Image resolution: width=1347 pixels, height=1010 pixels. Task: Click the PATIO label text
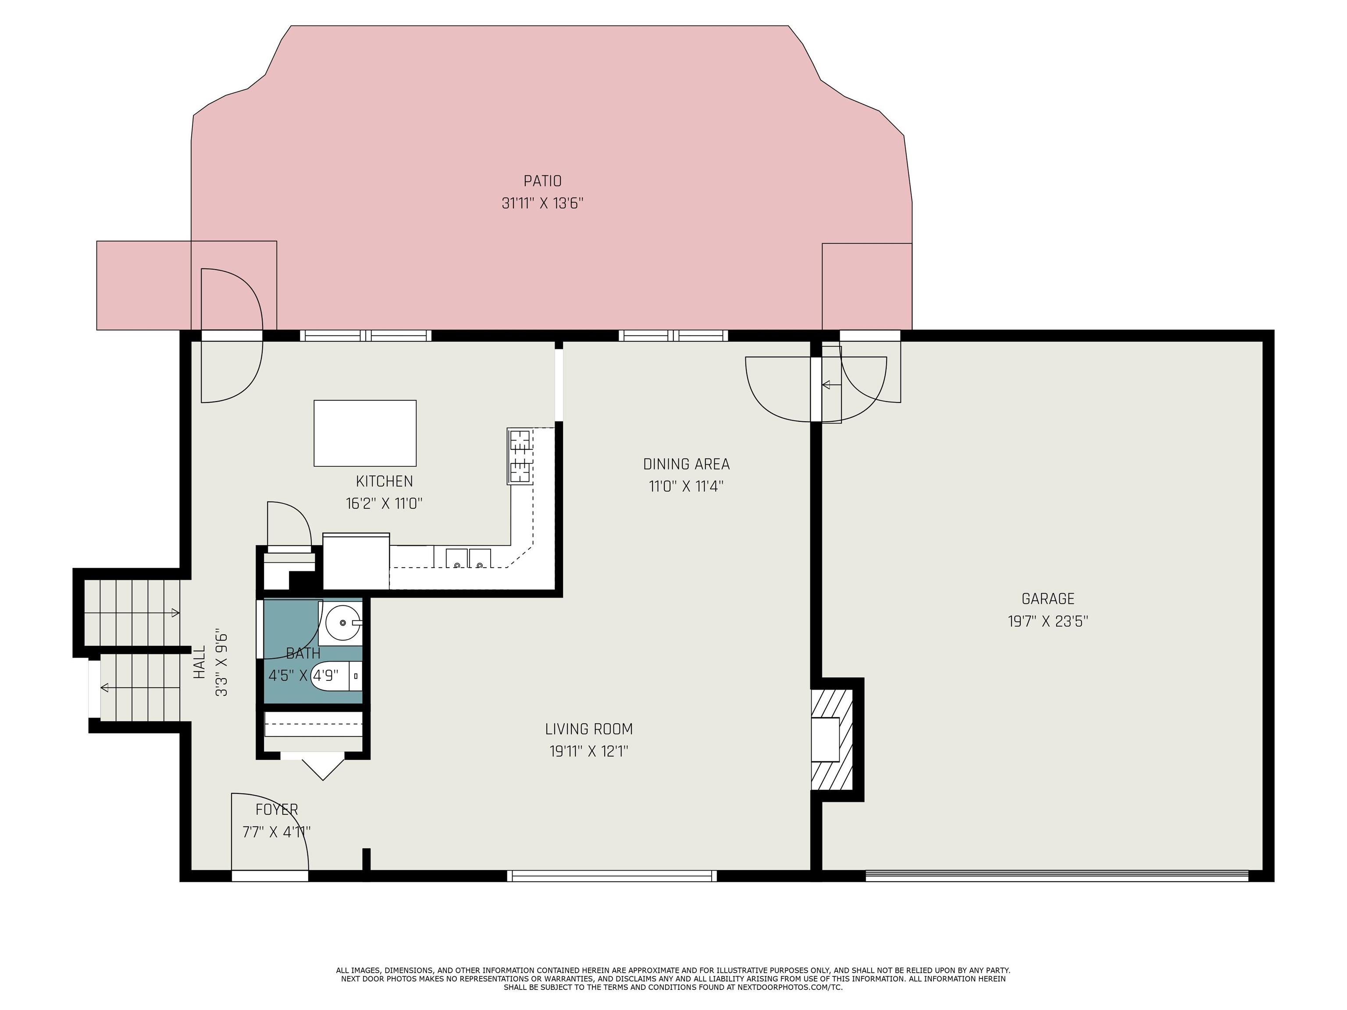[x=542, y=181]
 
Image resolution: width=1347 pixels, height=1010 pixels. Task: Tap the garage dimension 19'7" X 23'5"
[x=1048, y=622]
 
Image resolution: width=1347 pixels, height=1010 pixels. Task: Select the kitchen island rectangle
[x=365, y=433]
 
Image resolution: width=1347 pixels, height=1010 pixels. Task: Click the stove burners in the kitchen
[x=520, y=456]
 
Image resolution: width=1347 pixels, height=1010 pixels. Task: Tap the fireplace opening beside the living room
[x=825, y=739]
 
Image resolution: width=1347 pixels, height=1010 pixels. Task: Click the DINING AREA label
[x=686, y=464]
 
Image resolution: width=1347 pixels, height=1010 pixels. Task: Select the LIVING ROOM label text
[x=588, y=729]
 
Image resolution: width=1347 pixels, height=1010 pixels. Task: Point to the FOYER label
[x=277, y=810]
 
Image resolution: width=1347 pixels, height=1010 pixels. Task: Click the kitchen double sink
[x=468, y=557]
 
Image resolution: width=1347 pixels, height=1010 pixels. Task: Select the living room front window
[x=611, y=875]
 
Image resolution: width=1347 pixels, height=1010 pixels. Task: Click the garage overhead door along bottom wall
[x=1057, y=875]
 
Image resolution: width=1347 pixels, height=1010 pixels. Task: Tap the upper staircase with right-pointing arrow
[x=132, y=612]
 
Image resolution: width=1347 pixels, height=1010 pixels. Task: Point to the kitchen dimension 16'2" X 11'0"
[x=384, y=504]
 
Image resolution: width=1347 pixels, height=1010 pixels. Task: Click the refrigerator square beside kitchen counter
[x=356, y=561]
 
